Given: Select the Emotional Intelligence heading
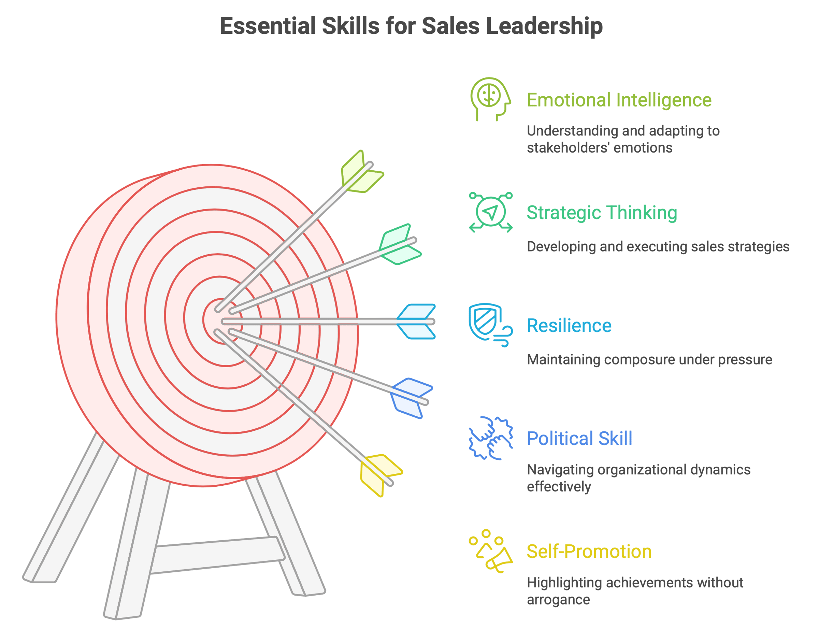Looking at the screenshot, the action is point(619,100).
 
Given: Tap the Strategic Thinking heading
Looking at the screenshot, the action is point(602,213).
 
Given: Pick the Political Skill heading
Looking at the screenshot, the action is point(579,438).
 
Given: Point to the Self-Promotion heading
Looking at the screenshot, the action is point(589,552).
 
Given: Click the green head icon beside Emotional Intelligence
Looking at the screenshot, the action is point(490,99).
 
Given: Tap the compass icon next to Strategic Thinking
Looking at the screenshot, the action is point(490,212).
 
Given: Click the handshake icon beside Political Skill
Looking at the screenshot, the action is point(490,438).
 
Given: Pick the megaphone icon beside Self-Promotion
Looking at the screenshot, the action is point(490,551).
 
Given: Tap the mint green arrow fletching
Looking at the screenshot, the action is point(399,244).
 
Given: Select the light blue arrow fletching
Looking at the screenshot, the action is point(416,322).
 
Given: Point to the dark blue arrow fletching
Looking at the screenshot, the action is point(411,398).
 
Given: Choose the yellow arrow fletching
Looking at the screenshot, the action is point(380,475).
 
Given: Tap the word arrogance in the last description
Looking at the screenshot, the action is point(558,600).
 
